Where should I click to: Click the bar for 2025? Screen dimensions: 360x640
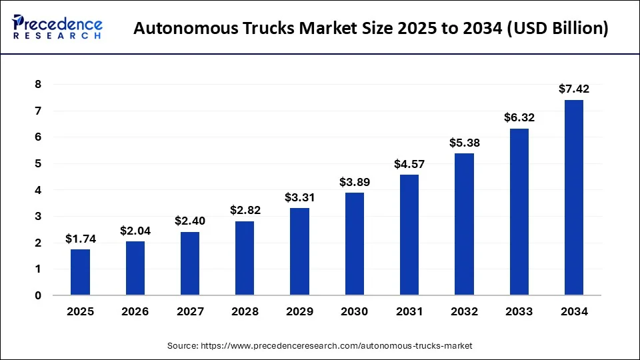point(80,272)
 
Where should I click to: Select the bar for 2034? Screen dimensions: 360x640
point(574,197)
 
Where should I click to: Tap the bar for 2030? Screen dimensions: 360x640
point(355,244)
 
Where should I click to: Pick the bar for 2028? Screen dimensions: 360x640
point(245,258)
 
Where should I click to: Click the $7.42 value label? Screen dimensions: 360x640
point(574,89)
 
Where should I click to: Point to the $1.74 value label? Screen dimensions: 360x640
point(80,239)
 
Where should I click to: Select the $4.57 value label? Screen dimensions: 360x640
point(409,163)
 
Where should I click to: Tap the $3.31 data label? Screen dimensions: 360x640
point(300,197)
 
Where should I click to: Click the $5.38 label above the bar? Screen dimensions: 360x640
point(464,142)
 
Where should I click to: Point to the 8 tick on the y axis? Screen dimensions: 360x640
point(38,85)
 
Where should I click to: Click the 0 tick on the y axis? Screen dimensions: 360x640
point(38,295)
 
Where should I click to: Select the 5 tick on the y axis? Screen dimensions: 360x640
point(38,164)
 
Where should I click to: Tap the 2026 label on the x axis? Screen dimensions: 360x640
point(135,312)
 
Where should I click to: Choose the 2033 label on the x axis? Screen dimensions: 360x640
point(519,312)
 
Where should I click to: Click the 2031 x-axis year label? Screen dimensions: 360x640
point(409,312)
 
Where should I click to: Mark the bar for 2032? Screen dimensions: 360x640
point(464,224)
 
